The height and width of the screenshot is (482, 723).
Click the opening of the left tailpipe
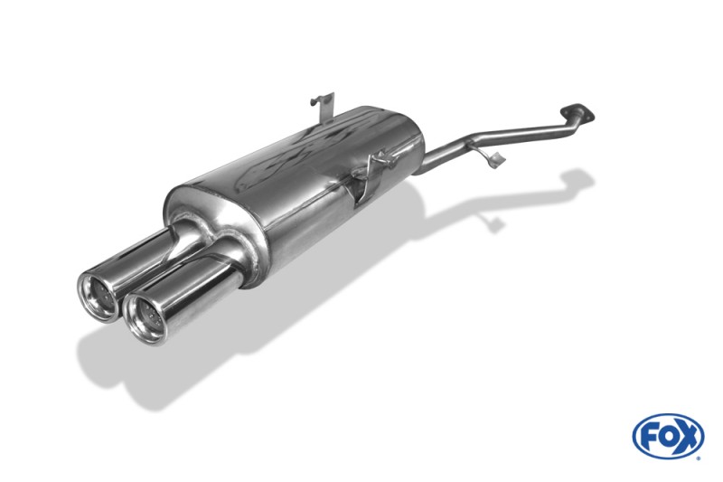97,295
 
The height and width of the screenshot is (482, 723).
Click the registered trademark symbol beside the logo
700,458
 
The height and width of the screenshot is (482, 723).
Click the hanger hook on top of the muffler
323,108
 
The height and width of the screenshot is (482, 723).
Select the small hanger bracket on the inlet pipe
491,156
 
